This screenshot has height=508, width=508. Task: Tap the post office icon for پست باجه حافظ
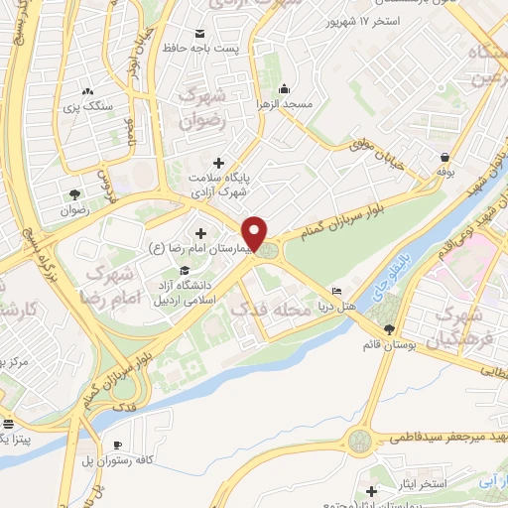pos(201,33)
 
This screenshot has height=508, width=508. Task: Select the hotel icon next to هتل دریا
pos(337,291)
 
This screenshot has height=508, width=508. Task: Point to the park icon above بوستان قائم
pos(388,329)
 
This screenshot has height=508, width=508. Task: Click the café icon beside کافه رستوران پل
pos(119,444)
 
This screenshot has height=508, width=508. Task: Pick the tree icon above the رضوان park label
pos(75,194)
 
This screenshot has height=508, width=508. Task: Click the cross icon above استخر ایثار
pos(371,491)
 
